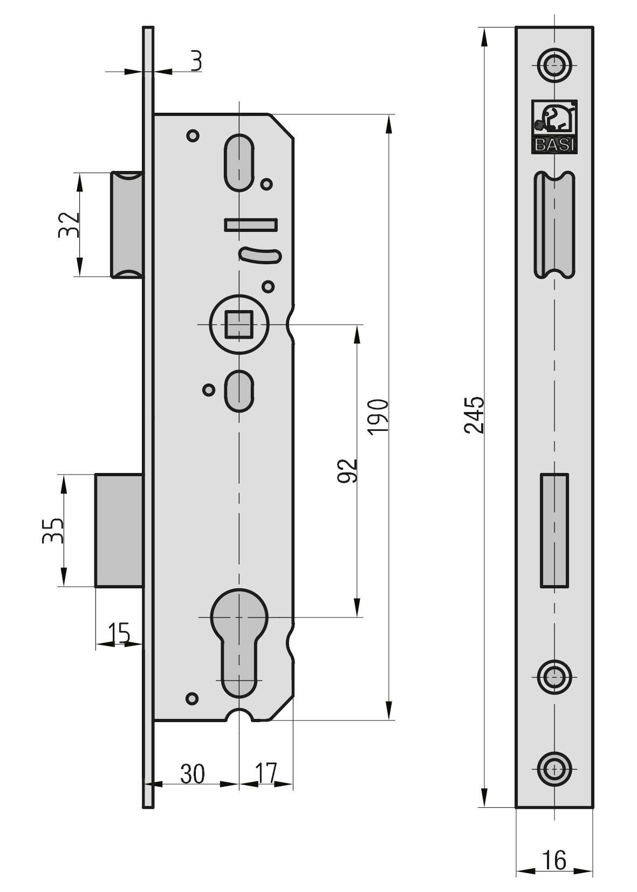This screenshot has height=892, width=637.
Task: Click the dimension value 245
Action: (475, 415)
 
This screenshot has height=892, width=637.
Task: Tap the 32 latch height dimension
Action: (70, 224)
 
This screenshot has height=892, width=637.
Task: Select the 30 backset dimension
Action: (193, 774)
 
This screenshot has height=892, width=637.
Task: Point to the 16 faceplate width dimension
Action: (554, 860)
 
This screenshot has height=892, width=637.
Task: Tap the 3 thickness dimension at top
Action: (196, 61)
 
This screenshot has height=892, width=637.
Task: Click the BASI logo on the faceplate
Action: (554, 126)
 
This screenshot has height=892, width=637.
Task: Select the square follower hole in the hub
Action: (239, 324)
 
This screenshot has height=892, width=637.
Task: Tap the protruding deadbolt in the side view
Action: (119, 530)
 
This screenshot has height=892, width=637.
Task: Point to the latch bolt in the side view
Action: (127, 224)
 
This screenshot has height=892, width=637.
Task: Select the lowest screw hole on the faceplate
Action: (554, 769)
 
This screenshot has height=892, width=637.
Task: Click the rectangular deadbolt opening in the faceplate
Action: (554, 530)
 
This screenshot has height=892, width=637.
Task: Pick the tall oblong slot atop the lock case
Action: (239, 162)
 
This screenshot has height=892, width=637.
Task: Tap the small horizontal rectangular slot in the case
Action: (251, 224)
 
